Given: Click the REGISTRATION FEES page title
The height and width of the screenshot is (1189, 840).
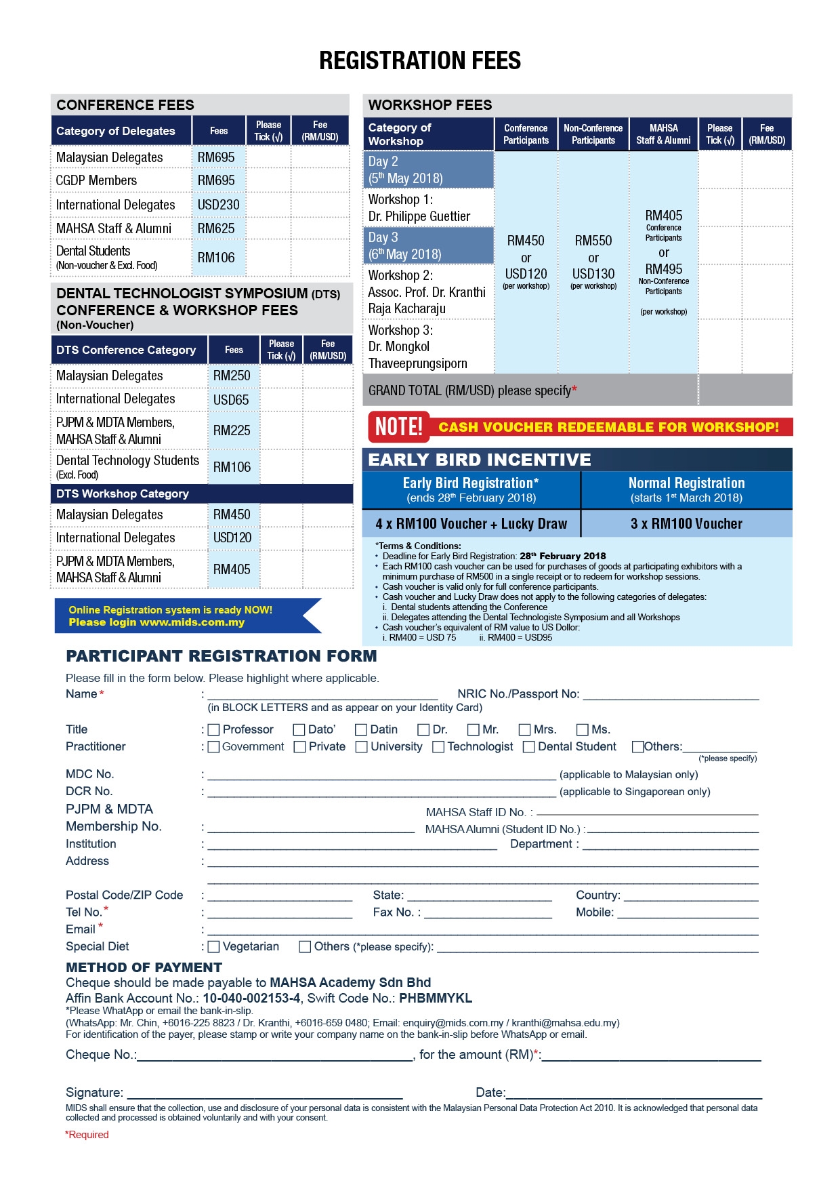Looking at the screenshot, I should click(x=420, y=61).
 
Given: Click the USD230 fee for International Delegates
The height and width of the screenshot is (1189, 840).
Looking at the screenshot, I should click(x=218, y=205).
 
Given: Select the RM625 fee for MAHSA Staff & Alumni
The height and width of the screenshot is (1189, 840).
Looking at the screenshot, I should click(x=216, y=228).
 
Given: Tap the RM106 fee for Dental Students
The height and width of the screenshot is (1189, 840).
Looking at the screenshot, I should click(x=216, y=258).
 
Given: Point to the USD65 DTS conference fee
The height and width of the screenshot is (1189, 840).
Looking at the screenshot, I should click(x=231, y=400).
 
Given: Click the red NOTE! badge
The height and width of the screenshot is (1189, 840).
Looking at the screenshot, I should click(x=399, y=426).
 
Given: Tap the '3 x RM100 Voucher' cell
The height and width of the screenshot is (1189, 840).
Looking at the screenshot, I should click(x=686, y=523).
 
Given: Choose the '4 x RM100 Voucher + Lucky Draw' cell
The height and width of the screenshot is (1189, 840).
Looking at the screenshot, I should click(x=471, y=523).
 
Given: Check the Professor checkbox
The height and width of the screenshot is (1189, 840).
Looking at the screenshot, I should click(x=214, y=730).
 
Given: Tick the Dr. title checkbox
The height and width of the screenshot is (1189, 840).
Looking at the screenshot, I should click(x=424, y=730).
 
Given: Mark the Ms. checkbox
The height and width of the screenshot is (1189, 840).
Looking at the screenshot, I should click(x=583, y=730).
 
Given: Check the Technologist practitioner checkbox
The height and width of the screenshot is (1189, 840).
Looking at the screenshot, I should click(x=439, y=747).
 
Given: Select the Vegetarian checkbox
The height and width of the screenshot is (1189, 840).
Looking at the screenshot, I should click(x=214, y=947).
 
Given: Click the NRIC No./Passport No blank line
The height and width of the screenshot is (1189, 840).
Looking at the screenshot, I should click(x=671, y=694).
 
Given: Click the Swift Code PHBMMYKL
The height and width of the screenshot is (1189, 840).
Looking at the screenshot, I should click(x=436, y=998).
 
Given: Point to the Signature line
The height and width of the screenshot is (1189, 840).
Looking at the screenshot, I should click(x=264, y=1093).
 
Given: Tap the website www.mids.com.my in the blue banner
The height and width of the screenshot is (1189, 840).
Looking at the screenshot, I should click(x=192, y=622).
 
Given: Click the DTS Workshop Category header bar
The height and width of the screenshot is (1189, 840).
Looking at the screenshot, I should click(x=202, y=493).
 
